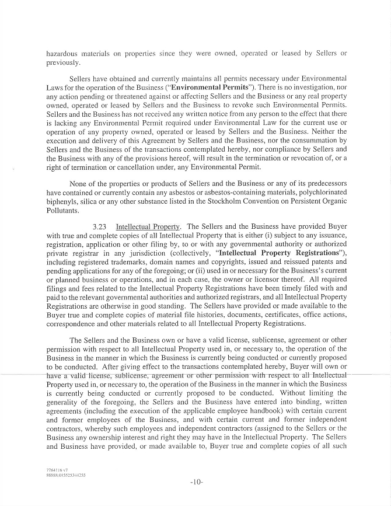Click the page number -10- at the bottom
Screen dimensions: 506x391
point(195,482)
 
